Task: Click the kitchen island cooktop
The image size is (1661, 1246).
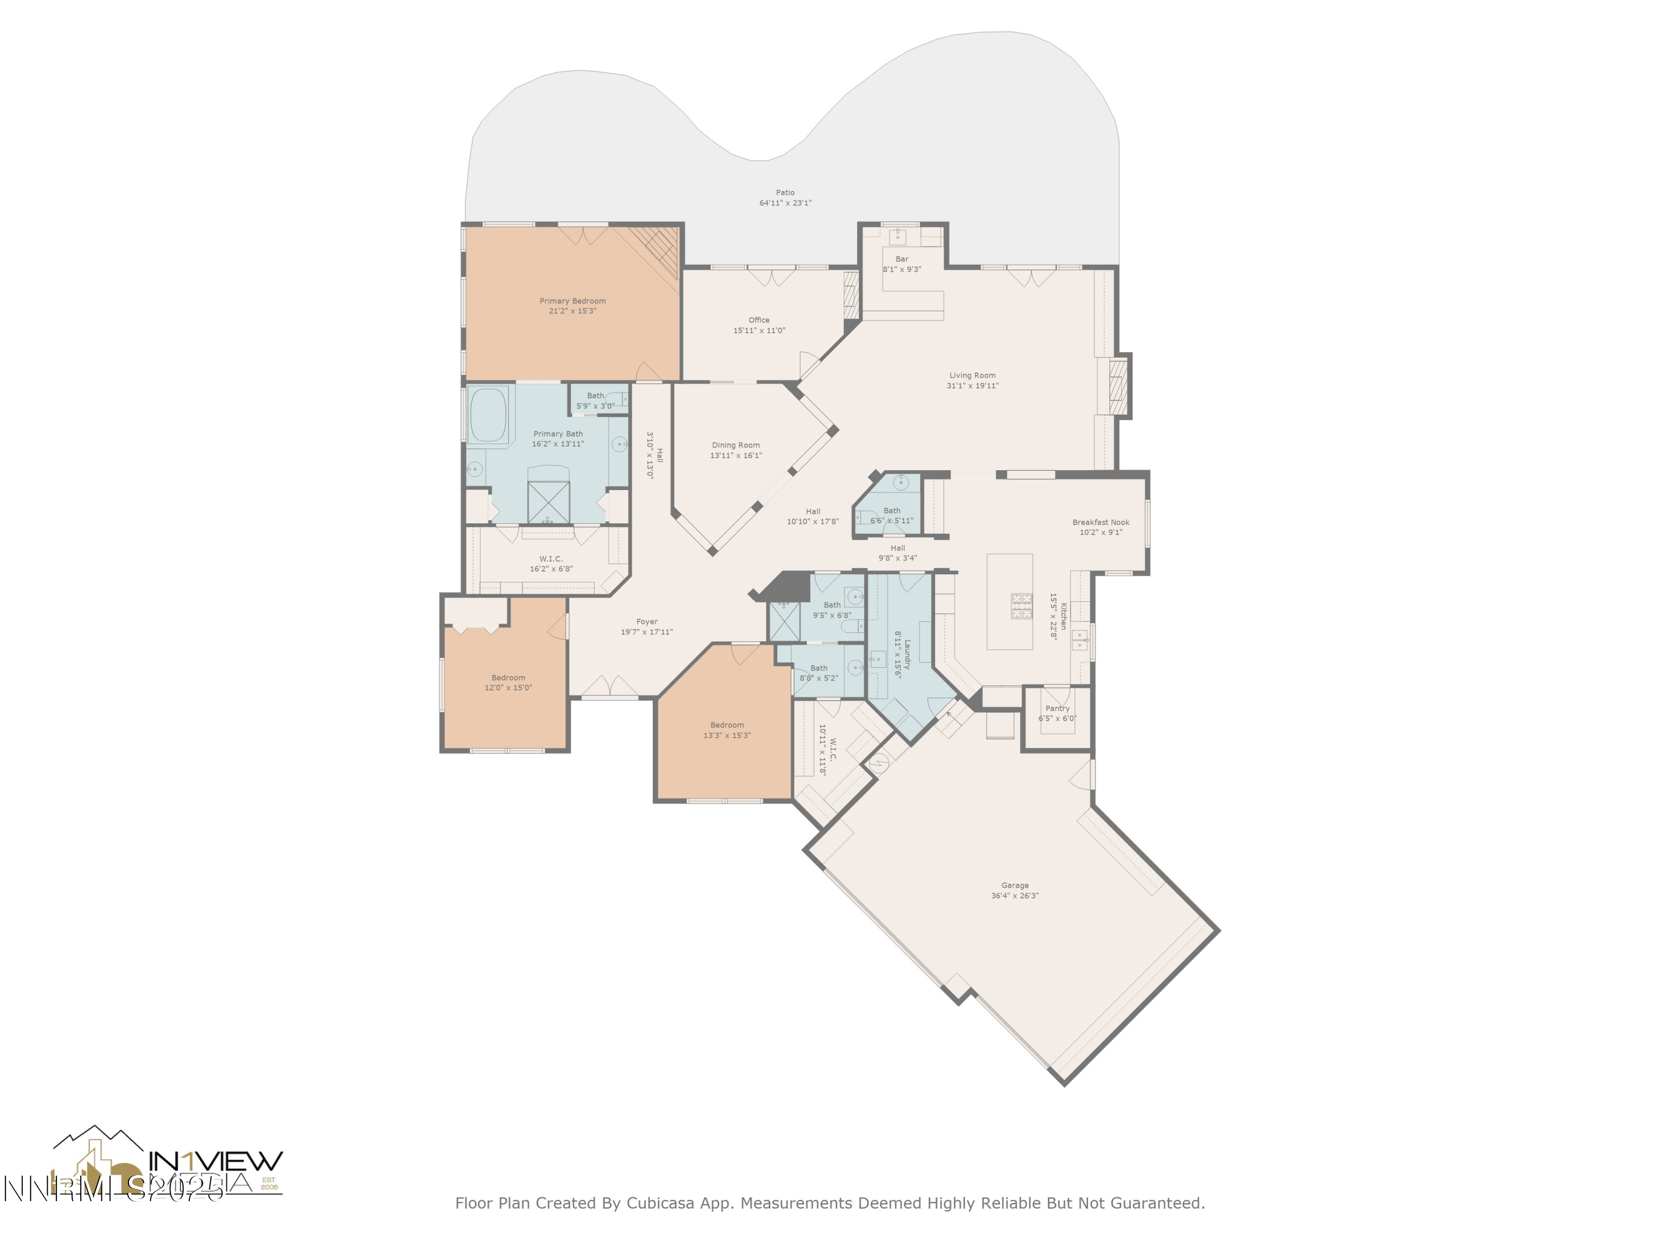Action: click(1021, 605)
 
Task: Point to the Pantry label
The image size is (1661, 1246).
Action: click(1058, 708)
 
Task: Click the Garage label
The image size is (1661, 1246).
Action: click(1014, 885)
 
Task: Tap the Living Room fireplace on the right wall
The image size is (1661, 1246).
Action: click(1118, 387)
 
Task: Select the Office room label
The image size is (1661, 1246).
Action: click(759, 320)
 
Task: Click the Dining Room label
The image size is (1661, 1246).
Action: click(736, 445)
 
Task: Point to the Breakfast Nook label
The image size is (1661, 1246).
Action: click(1100, 522)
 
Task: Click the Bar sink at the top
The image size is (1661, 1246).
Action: click(898, 238)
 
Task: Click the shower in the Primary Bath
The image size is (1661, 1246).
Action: click(548, 502)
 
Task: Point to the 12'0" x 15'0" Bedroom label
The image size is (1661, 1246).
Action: click(508, 677)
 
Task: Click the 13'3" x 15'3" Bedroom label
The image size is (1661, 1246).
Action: click(727, 725)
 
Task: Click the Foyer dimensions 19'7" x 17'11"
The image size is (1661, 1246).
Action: click(647, 632)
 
